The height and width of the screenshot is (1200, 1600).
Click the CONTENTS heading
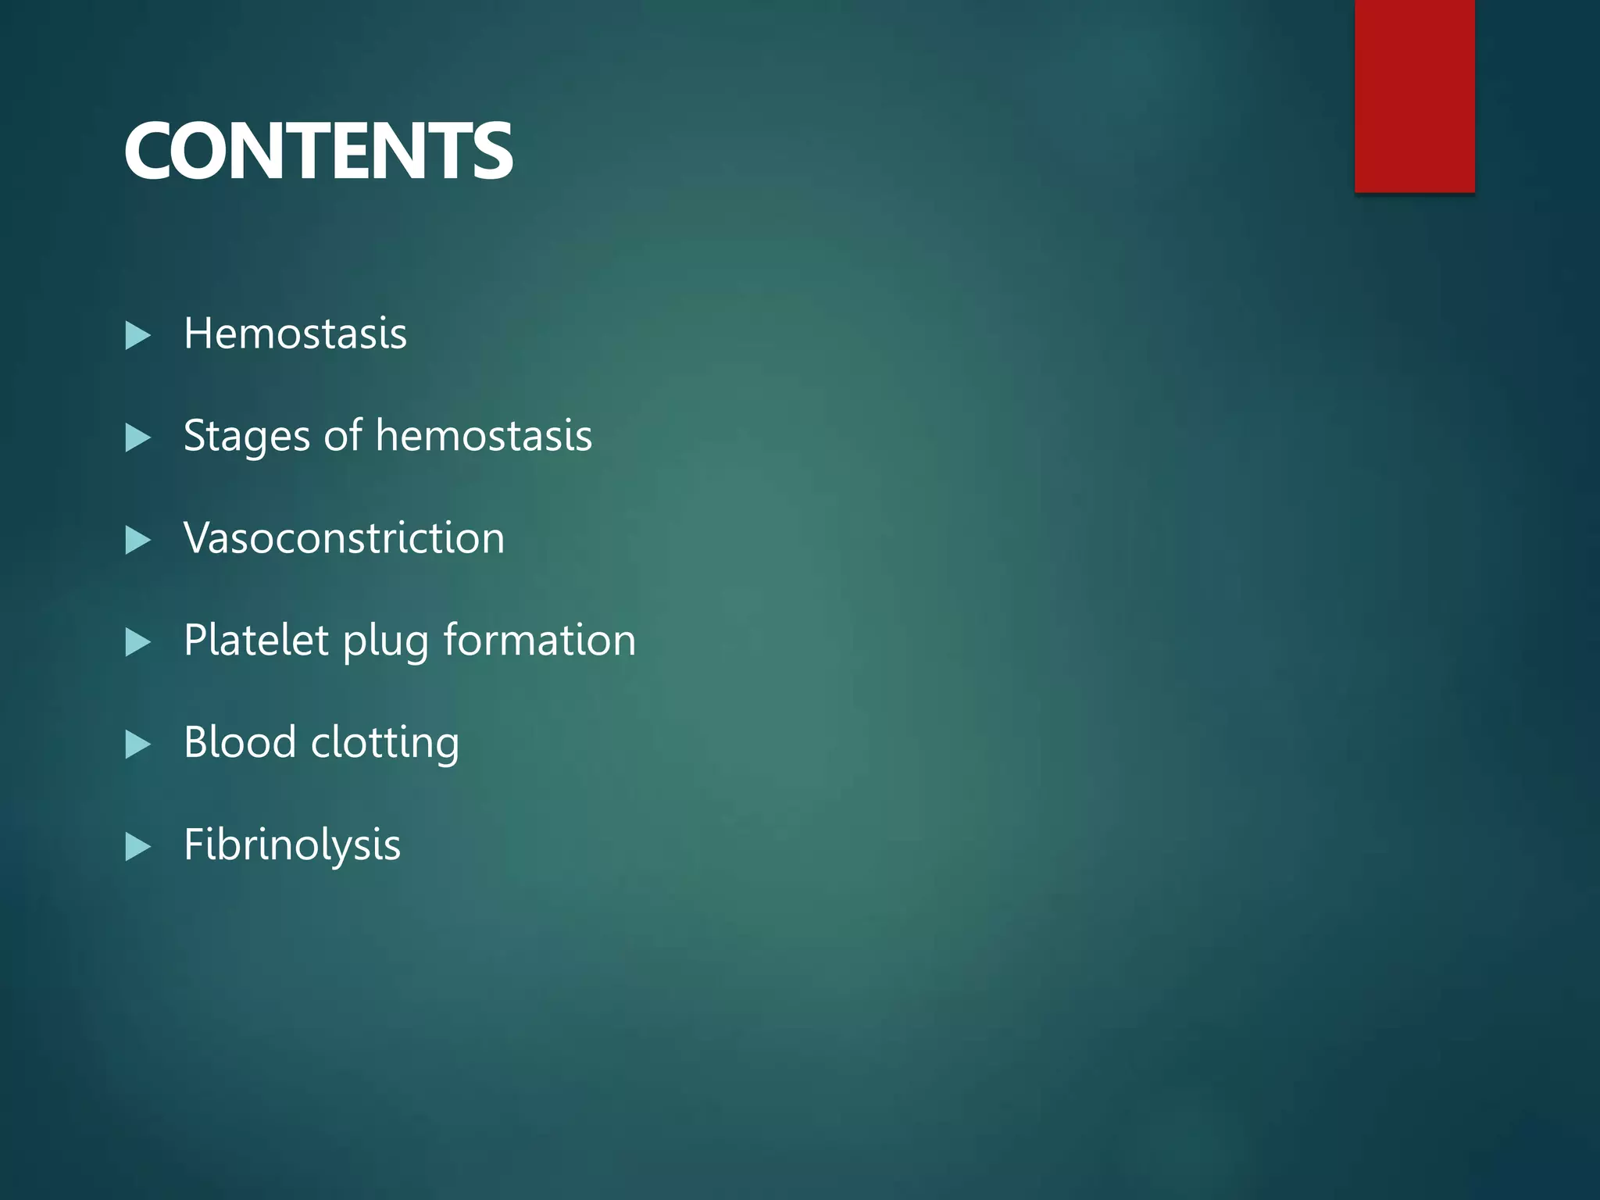(318, 152)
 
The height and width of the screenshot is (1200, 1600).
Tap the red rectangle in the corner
(1414, 95)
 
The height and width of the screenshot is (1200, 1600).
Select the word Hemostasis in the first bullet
(295, 334)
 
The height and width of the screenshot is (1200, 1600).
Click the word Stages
(247, 437)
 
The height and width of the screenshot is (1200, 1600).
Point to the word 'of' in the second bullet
(343, 435)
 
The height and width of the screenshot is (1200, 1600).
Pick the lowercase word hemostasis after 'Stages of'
(484, 435)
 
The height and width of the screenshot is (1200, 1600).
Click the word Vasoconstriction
(345, 538)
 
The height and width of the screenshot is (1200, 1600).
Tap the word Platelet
(256, 640)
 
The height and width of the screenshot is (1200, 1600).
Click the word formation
(540, 640)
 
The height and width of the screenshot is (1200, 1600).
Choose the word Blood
(240, 741)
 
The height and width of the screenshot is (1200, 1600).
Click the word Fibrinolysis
(292, 845)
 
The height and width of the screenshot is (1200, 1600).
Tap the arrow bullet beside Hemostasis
(137, 336)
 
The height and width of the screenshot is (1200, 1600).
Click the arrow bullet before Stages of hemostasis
(137, 438)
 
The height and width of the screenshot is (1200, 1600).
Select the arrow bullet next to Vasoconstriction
(137, 541)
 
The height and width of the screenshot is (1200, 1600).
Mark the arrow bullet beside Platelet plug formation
(137, 642)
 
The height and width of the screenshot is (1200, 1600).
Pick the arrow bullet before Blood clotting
(137, 745)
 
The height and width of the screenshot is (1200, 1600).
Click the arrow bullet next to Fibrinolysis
(137, 847)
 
